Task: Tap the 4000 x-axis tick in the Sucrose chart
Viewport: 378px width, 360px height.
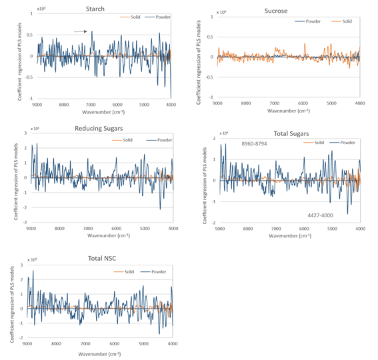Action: tap(360, 103)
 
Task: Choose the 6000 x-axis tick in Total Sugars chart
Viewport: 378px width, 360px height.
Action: tap(247, 228)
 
